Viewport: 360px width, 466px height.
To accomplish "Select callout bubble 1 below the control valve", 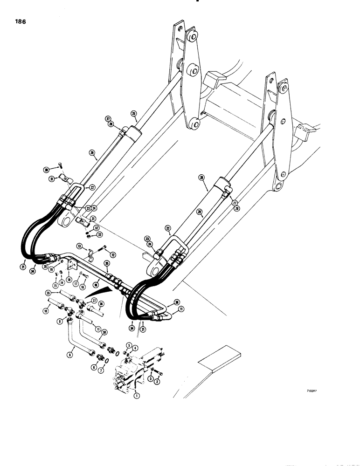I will pyautogui.click(x=136, y=395).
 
